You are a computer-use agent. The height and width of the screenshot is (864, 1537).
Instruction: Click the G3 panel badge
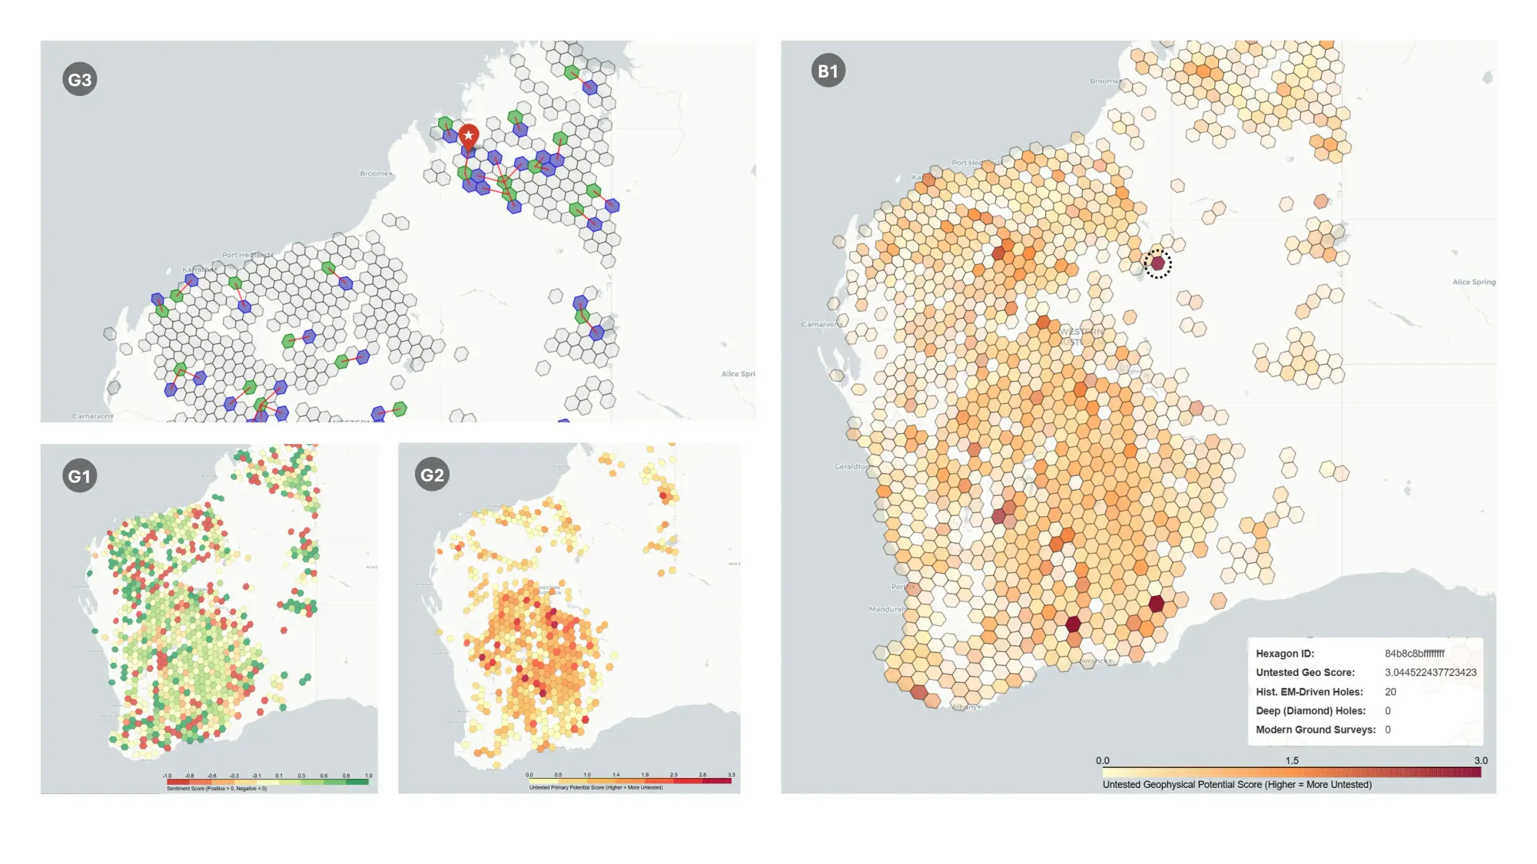pyautogui.click(x=80, y=79)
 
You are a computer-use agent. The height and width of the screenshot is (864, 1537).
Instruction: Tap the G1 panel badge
pyautogui.click(x=80, y=476)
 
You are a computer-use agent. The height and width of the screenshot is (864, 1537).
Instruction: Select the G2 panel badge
pyautogui.click(x=432, y=475)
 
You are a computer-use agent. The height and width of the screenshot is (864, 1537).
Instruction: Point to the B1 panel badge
pyautogui.click(x=828, y=71)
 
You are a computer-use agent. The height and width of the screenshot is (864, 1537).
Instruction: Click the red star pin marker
pyautogui.click(x=469, y=137)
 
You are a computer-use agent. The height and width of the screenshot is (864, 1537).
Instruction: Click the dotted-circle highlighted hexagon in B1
pyautogui.click(x=1157, y=263)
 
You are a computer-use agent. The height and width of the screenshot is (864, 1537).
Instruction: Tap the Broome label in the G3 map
pyautogui.click(x=375, y=174)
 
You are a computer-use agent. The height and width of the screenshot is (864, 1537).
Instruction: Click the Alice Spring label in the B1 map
pyautogui.click(x=1473, y=282)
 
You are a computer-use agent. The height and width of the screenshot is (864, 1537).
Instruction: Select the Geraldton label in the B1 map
pyautogui.click(x=852, y=466)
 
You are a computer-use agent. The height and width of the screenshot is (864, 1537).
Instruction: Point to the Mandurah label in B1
pyautogui.click(x=887, y=609)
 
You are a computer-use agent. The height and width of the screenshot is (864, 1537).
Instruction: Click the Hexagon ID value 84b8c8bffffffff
pyautogui.click(x=1414, y=654)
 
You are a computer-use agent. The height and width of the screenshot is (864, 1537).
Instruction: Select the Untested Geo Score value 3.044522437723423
pyautogui.click(x=1430, y=673)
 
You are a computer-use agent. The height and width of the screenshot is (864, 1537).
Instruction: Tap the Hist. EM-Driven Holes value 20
pyautogui.click(x=1390, y=692)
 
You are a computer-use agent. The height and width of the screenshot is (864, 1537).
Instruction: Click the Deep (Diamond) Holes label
pyautogui.click(x=1310, y=711)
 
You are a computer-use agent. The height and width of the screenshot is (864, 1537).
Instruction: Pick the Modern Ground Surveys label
pyautogui.click(x=1315, y=730)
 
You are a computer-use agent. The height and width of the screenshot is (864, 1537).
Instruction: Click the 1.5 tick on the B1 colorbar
pyautogui.click(x=1292, y=760)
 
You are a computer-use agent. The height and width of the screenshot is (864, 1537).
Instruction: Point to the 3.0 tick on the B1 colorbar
pyautogui.click(x=1480, y=760)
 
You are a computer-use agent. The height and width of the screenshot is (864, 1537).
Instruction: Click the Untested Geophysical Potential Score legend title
pyautogui.click(x=1237, y=784)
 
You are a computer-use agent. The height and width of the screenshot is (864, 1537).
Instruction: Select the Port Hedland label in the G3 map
pyautogui.click(x=246, y=255)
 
